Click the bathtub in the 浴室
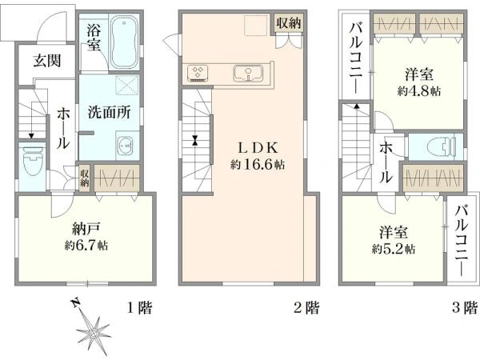click(x=123, y=42)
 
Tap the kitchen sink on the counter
click(x=247, y=74)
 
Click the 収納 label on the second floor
click(x=289, y=23)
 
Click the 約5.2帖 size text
click(x=394, y=248)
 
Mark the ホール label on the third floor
click(x=385, y=161)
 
